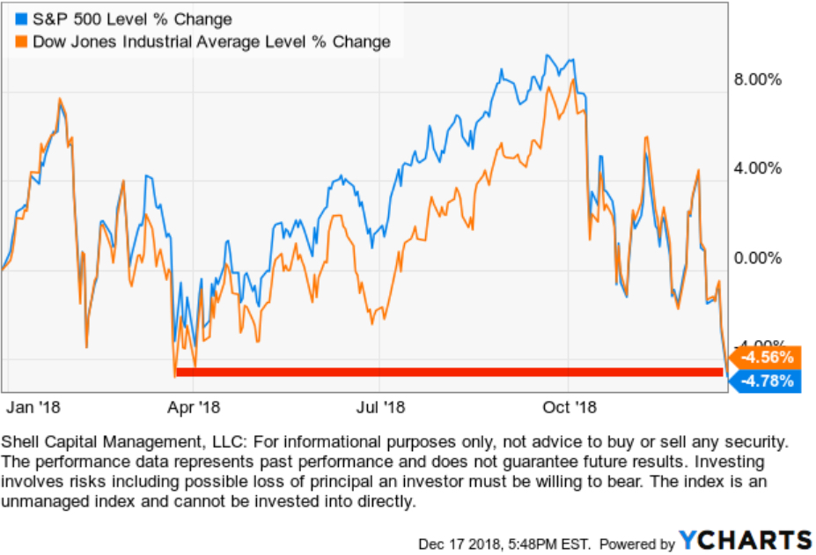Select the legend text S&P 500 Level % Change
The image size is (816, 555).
tap(132, 19)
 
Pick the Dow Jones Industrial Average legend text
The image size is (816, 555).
tap(210, 41)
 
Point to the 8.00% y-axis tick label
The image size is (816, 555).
tap(758, 79)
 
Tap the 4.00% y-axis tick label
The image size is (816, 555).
tap(758, 168)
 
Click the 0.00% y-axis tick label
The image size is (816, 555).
tap(758, 258)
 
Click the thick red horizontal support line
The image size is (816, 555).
tap(449, 372)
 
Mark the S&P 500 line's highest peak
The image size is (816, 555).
tap(548, 55)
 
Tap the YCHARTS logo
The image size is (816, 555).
tap(746, 540)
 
